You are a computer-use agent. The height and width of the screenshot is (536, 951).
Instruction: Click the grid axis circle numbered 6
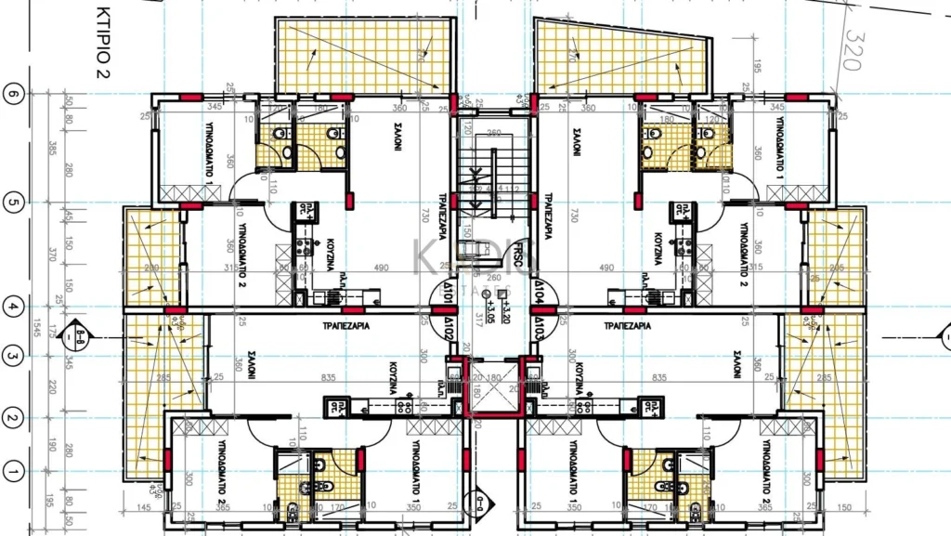13,95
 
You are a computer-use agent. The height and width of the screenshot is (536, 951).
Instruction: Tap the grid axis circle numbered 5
13,203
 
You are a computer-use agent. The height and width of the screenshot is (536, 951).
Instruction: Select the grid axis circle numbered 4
13,304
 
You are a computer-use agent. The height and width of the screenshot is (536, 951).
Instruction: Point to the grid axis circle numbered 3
13,355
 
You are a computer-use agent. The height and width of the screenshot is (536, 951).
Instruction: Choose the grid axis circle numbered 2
13,419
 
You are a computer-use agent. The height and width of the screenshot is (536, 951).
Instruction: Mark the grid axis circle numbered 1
13,473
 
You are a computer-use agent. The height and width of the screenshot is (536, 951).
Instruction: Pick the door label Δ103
538,327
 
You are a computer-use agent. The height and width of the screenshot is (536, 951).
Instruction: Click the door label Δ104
539,299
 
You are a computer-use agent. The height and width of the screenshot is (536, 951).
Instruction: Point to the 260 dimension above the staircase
493,132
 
